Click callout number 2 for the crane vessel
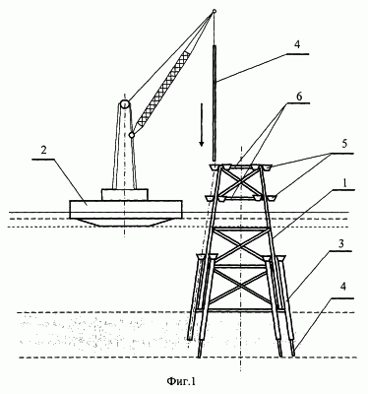pos(44,151)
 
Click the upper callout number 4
pos(296,45)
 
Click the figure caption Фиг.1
pos(181,381)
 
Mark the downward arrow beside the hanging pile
pos(202,125)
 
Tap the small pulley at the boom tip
pos(214,11)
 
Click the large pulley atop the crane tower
pos(125,104)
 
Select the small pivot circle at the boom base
pos(132,135)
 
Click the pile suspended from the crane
pos(215,102)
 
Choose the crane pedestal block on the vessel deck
pos(124,194)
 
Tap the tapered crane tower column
pos(124,148)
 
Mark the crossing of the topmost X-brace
pos(240,181)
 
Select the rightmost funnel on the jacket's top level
pos(268,167)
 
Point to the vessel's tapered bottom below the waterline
pos(126,223)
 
